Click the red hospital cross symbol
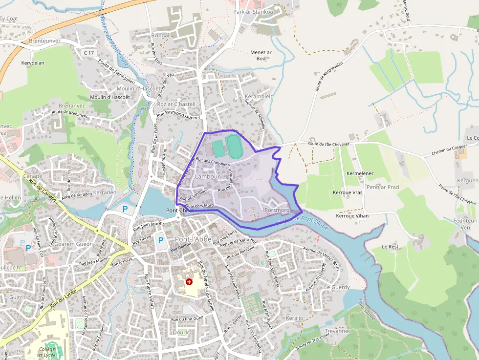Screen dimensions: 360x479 click(189, 282)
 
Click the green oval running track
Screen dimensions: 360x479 click(235, 146)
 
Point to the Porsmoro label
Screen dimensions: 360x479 click(277, 210)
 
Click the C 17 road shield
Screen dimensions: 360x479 click(88, 52)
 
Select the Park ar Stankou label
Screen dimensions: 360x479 click(253, 12)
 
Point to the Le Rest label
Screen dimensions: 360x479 click(391, 247)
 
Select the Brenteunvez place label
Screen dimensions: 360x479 click(44, 41)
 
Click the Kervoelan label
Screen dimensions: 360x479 click(33, 63)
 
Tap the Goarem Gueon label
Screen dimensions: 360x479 click(74, 244)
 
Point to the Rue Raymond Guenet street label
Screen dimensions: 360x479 click(178, 115)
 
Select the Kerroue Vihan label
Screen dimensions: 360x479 click(352, 215)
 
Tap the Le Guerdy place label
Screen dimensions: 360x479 click(337, 287)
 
